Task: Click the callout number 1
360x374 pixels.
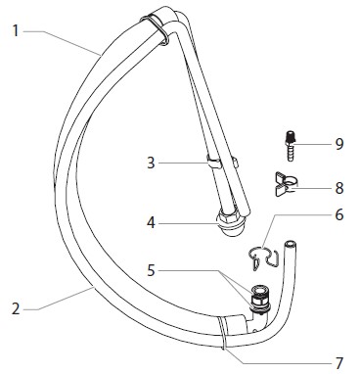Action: [x=16, y=31]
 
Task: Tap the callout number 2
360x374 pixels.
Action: [x=16, y=308]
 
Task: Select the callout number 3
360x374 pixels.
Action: [x=151, y=163]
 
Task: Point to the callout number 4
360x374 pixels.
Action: [x=151, y=223]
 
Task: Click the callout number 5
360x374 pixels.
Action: [x=151, y=270]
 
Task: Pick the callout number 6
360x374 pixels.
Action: [x=339, y=214]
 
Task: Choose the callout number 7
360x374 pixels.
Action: [x=339, y=363]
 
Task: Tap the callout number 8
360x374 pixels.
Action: [x=339, y=188]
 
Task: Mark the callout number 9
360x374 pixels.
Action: [x=339, y=144]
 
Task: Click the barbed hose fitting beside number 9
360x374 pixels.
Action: [x=290, y=146]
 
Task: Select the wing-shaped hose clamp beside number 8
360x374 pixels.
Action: [x=286, y=185]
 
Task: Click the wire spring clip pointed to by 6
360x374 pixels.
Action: [x=263, y=257]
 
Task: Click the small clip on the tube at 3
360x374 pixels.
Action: [x=212, y=162]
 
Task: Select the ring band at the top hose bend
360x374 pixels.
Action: [x=156, y=28]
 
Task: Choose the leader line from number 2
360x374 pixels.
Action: [x=61, y=299]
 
